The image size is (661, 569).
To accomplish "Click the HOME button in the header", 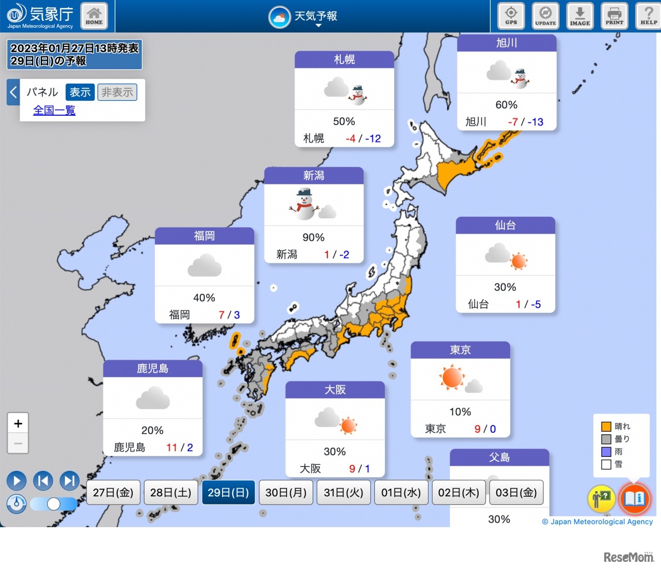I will (94, 15).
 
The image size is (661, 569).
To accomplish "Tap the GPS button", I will (511, 15).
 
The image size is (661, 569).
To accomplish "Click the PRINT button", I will (615, 15).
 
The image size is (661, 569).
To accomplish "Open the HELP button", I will (649, 15).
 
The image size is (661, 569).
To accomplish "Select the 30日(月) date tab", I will (286, 493).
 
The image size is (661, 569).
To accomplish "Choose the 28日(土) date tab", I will (170, 493).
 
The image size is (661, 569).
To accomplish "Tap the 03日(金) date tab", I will (516, 493).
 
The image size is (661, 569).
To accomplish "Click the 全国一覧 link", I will (54, 110).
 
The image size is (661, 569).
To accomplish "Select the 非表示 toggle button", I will (117, 92).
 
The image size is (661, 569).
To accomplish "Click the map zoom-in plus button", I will (18, 424).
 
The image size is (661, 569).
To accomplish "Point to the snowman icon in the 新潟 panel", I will (304, 204).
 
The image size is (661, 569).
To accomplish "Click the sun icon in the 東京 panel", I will (452, 377).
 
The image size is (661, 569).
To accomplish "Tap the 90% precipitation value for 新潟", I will (313, 238).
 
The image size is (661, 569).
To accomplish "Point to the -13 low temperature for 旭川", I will (536, 122).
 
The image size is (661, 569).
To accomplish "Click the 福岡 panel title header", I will (204, 236).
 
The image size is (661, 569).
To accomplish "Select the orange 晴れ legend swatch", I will (606, 426).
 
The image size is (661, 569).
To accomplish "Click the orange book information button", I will (634, 499).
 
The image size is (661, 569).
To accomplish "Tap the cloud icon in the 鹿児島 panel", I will (153, 399).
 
